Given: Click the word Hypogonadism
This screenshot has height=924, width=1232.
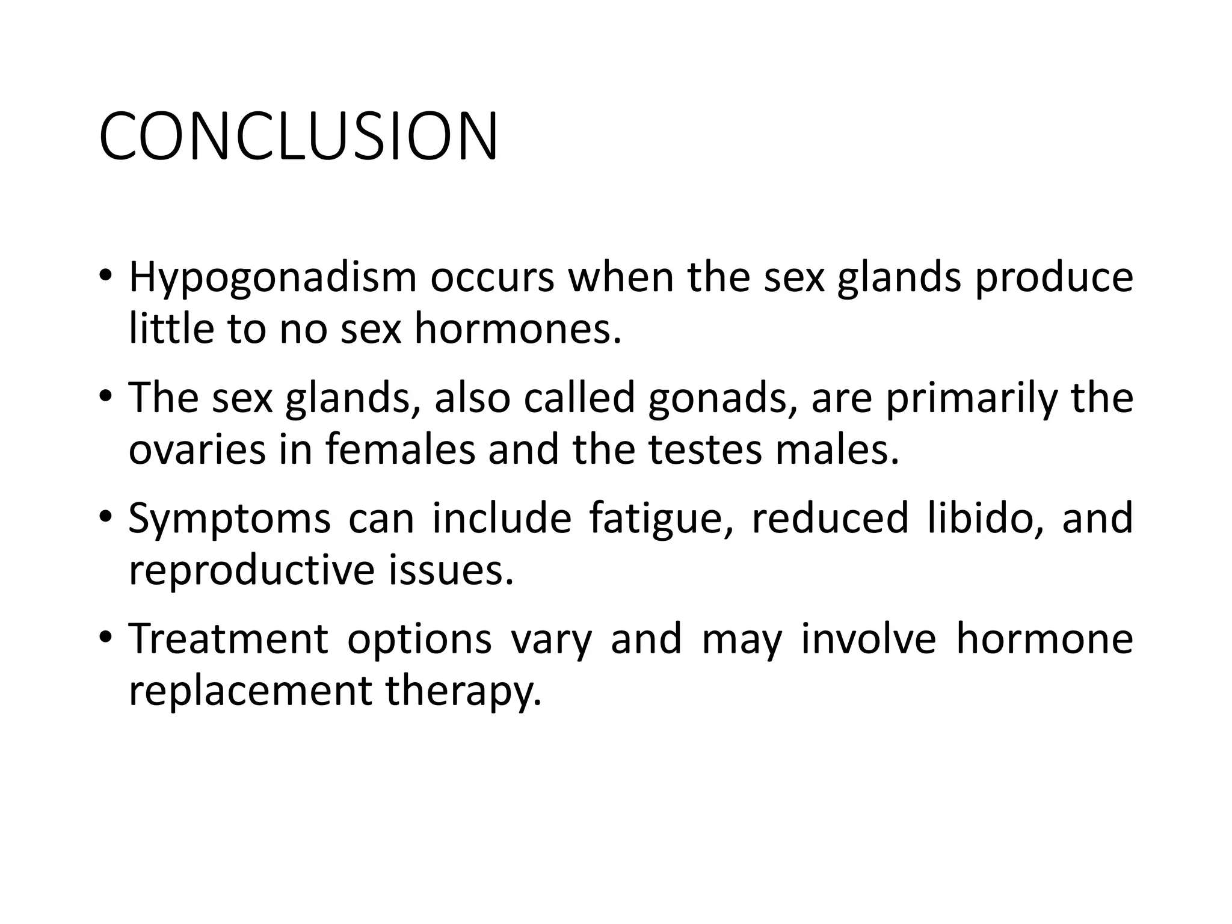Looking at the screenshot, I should coord(273,278).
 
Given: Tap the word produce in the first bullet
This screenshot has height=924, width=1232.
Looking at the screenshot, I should coord(1053,278).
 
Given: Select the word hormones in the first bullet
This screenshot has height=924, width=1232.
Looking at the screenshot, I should coord(517,330).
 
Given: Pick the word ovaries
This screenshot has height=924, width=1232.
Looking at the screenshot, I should coord(197,450).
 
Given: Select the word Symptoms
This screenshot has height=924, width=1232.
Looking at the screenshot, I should coord(229,519).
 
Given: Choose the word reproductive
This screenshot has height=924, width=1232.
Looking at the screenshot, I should coord(252,570).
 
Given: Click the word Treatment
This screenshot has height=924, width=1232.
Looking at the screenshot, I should coord(228,639).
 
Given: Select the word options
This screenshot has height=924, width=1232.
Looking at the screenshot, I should coord(419,640).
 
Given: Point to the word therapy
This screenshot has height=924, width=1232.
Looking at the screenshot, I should coord(464,691).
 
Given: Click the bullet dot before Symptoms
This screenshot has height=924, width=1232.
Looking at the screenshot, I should coord(106,516).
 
